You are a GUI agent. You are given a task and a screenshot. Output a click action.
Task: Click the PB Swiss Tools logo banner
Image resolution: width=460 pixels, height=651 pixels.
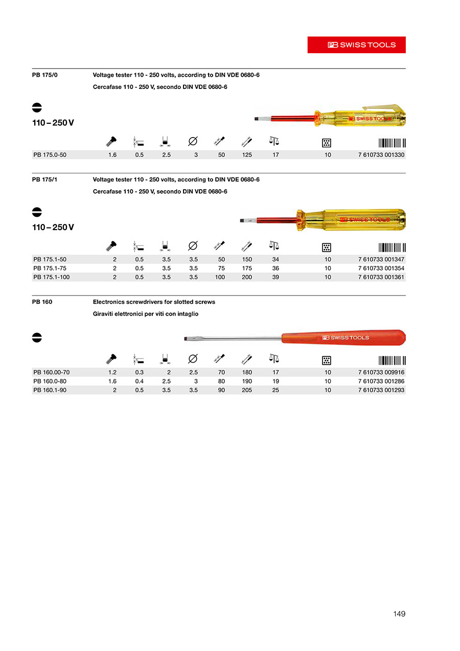(356, 44)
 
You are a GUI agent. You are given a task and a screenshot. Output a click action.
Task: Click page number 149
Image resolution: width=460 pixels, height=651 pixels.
(399, 614)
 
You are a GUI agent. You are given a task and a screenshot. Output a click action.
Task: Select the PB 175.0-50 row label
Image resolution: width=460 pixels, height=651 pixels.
(50, 155)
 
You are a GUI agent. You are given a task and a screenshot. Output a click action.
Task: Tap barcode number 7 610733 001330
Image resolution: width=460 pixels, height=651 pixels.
(381, 155)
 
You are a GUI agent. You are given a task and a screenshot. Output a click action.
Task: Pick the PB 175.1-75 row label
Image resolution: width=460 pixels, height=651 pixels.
(50, 268)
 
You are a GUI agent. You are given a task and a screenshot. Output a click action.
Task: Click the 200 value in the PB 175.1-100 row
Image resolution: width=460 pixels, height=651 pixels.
(247, 277)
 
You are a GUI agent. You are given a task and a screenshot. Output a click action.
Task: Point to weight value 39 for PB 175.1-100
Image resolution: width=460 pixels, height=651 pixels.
(275, 277)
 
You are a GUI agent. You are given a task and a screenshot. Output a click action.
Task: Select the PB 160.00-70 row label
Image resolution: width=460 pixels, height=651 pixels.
(51, 372)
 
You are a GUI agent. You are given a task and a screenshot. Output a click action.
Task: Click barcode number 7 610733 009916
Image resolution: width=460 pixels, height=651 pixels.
(381, 372)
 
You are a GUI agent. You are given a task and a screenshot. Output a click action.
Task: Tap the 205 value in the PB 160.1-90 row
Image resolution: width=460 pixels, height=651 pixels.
(247, 390)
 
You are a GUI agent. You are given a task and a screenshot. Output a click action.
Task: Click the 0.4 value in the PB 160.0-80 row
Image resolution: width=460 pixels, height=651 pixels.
(139, 381)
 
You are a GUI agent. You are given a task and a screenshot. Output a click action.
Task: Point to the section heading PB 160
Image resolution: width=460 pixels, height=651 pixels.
(42, 302)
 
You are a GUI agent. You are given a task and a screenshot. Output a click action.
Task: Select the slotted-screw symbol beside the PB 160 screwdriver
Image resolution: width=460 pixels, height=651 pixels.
(37, 338)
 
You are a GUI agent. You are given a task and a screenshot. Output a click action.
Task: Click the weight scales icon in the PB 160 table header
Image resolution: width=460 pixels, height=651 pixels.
(274, 358)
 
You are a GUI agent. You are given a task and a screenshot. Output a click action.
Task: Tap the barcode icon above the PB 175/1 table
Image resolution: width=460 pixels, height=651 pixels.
(392, 247)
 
